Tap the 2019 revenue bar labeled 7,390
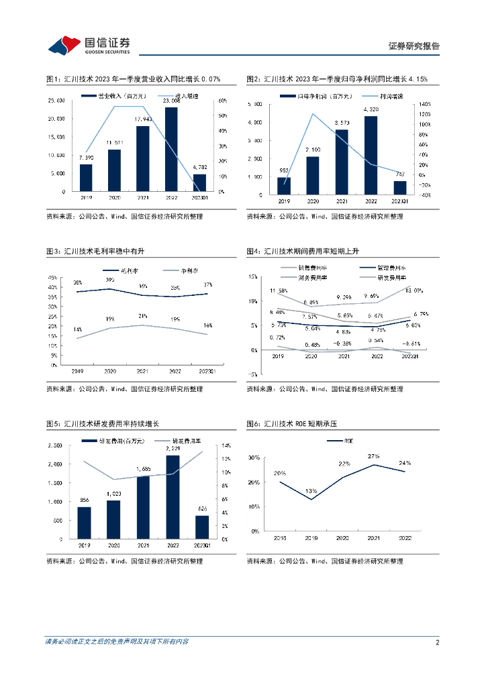(86, 177)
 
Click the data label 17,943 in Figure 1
(142, 119)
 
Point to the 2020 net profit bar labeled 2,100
(313, 175)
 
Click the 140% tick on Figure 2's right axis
(424, 105)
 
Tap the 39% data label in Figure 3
(109, 280)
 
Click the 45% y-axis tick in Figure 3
(52, 278)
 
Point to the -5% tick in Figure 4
(254, 374)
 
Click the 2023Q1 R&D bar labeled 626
(201, 527)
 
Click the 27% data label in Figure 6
(373, 456)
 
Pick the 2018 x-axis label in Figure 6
(280, 537)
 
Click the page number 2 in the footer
(437, 642)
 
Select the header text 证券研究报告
(414, 46)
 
